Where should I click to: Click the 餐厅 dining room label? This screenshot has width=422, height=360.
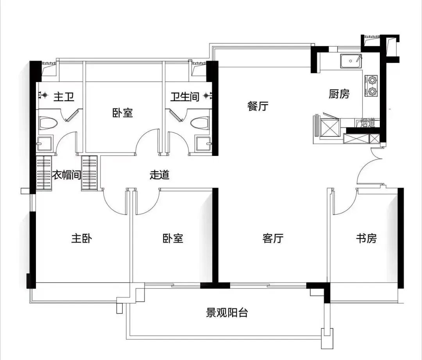coord(258,106)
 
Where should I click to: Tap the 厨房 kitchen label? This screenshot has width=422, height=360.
coord(339,94)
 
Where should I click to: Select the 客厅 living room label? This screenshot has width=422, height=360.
coord(273,238)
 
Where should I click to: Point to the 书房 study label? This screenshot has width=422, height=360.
coord(366,238)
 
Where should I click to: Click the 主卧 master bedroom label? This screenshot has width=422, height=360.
coord(82,238)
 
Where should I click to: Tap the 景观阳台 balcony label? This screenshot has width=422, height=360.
coord(227,313)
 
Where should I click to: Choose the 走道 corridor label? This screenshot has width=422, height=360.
coord(160,175)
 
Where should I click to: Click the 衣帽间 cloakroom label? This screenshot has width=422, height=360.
coord(66,175)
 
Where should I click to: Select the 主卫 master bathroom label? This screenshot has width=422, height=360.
coord(64,97)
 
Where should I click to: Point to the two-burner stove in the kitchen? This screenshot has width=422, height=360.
coord(371,86)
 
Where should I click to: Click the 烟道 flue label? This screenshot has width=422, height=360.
coord(368,124)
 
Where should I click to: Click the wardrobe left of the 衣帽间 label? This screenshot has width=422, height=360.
coord(44,173)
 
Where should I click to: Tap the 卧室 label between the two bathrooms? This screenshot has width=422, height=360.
coord(123,113)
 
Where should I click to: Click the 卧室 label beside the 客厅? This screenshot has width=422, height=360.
coord(173,238)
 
